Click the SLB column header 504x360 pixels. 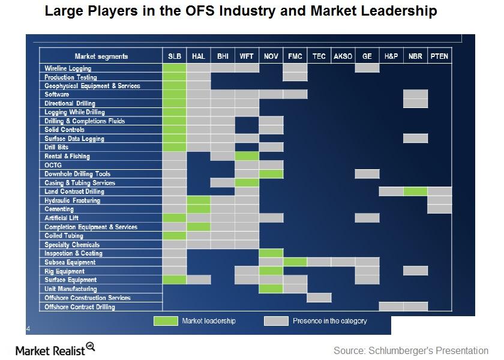175,56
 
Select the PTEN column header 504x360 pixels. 439,56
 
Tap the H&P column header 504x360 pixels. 391,56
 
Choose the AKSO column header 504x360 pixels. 343,56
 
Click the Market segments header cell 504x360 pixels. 101,56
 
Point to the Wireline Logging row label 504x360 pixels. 68,68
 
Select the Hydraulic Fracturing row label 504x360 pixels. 72,200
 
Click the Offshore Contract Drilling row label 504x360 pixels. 80,307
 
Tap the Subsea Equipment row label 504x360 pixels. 70,262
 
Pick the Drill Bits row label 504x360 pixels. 56,147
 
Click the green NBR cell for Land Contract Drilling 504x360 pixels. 415,191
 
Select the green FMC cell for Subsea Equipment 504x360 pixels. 295,262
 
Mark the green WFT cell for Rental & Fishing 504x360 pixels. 247,156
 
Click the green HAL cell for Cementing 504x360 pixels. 199,209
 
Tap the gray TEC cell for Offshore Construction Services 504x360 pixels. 319,298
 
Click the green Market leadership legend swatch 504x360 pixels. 166,321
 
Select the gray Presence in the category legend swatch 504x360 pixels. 275,321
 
